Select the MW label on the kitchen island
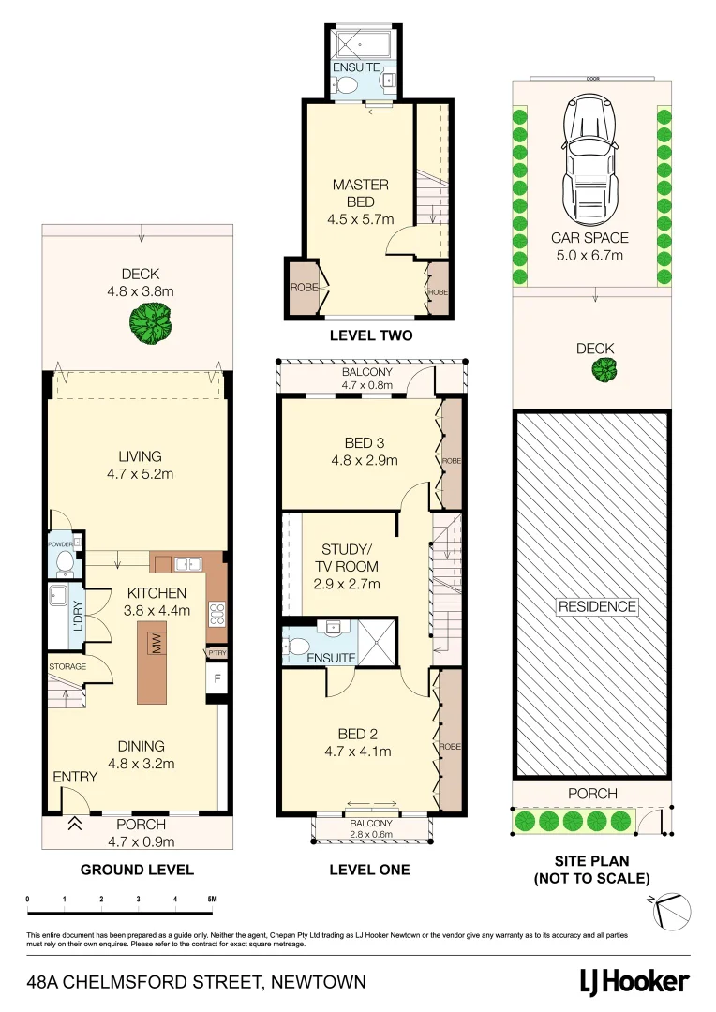point(155,644)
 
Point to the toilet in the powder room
point(65,561)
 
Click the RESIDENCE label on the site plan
point(597,606)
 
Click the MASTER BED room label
point(360,186)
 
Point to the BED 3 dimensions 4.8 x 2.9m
point(364,460)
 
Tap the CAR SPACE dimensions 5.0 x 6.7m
point(589,255)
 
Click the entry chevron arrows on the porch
point(73,825)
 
